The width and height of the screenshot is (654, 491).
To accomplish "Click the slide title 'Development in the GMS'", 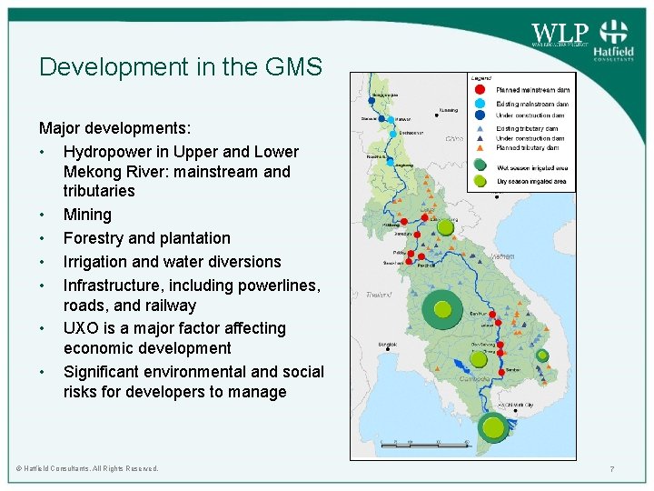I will point(180,67).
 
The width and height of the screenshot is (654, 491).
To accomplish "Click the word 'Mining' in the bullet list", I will point(87,215).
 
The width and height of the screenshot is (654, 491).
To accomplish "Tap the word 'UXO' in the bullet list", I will point(80,328).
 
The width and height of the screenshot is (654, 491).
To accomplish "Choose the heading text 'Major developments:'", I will point(114,128).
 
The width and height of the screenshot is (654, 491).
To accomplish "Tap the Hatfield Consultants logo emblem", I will point(615,31).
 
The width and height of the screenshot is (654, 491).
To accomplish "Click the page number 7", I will point(613,468).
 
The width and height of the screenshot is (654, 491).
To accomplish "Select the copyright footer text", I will point(87,468).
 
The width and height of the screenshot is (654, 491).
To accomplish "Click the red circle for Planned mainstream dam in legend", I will point(479,89).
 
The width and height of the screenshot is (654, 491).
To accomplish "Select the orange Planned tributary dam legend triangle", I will point(479,147).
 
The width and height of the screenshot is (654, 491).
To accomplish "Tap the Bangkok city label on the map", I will point(387,346).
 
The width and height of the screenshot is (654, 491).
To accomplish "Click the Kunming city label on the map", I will point(449,111).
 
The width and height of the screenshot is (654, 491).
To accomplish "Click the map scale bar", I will point(423,443).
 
